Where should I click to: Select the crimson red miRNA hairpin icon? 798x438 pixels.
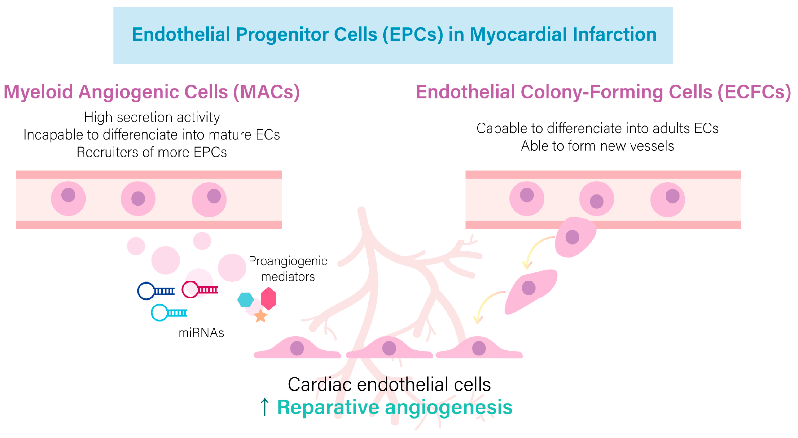pos(200,289)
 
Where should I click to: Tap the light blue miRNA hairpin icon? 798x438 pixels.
pos(169,312)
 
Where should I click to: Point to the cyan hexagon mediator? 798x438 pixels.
pos(245,299)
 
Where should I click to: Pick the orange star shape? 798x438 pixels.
pos(261,316)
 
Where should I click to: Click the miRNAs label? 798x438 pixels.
pos(201,333)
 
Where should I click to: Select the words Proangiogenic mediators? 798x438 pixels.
pos(288,268)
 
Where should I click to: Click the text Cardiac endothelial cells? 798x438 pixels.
pos(389,384)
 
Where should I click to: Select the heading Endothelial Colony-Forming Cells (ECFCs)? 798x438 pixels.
pos(603,92)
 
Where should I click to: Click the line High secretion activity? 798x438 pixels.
pos(152,117)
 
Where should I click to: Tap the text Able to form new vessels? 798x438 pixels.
pos(597,146)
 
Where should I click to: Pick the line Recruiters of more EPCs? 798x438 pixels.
pos(152,152)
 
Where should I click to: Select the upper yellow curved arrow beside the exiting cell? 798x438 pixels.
pos(536,251)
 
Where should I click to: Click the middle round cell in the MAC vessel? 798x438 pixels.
pos(138,198)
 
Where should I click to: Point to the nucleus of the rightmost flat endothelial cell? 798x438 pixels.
pos(479,348)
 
